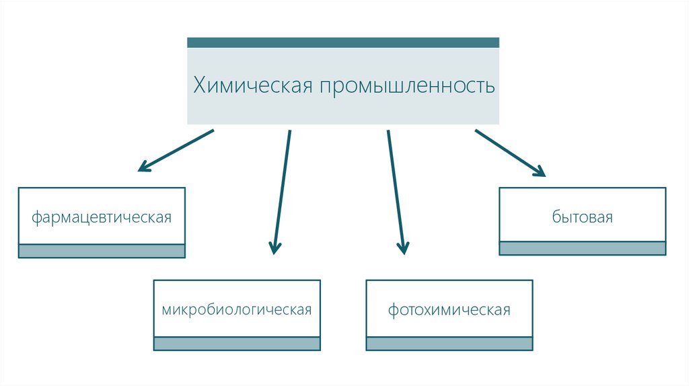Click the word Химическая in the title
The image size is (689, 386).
click(x=253, y=86)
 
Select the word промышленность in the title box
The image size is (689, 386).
click(x=407, y=87)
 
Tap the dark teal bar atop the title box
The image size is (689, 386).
click(x=343, y=42)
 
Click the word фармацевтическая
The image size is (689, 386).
click(x=102, y=218)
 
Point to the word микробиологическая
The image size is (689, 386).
click(x=237, y=310)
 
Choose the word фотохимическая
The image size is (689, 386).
click(x=449, y=310)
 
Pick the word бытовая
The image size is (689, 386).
click(x=582, y=217)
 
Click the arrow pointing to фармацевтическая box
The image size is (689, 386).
click(x=176, y=150)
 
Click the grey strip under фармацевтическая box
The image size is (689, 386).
click(x=102, y=251)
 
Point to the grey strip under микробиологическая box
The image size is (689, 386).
click(x=237, y=344)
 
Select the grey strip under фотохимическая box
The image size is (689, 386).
click(x=449, y=344)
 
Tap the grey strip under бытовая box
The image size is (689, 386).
click(x=582, y=248)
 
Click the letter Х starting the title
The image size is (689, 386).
click(x=200, y=87)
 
